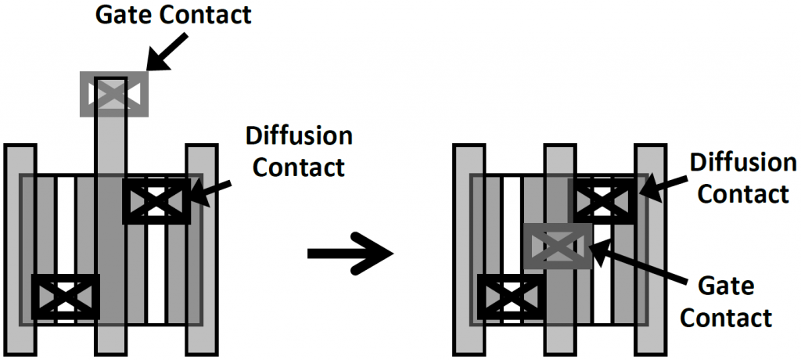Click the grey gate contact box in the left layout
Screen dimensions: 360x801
tap(114, 94)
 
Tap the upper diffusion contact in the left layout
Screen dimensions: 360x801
tap(156, 201)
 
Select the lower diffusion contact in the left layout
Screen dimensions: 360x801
tap(65, 297)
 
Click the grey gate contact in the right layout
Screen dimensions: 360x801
tap(558, 245)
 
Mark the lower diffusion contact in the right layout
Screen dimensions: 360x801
tap(511, 297)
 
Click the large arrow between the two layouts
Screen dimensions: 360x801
tap(348, 252)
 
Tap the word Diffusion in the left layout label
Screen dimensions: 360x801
tap(299, 136)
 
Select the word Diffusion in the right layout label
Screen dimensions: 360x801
tap(743, 164)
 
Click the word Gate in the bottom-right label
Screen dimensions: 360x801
tap(728, 286)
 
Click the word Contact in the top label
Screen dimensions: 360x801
tap(207, 14)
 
